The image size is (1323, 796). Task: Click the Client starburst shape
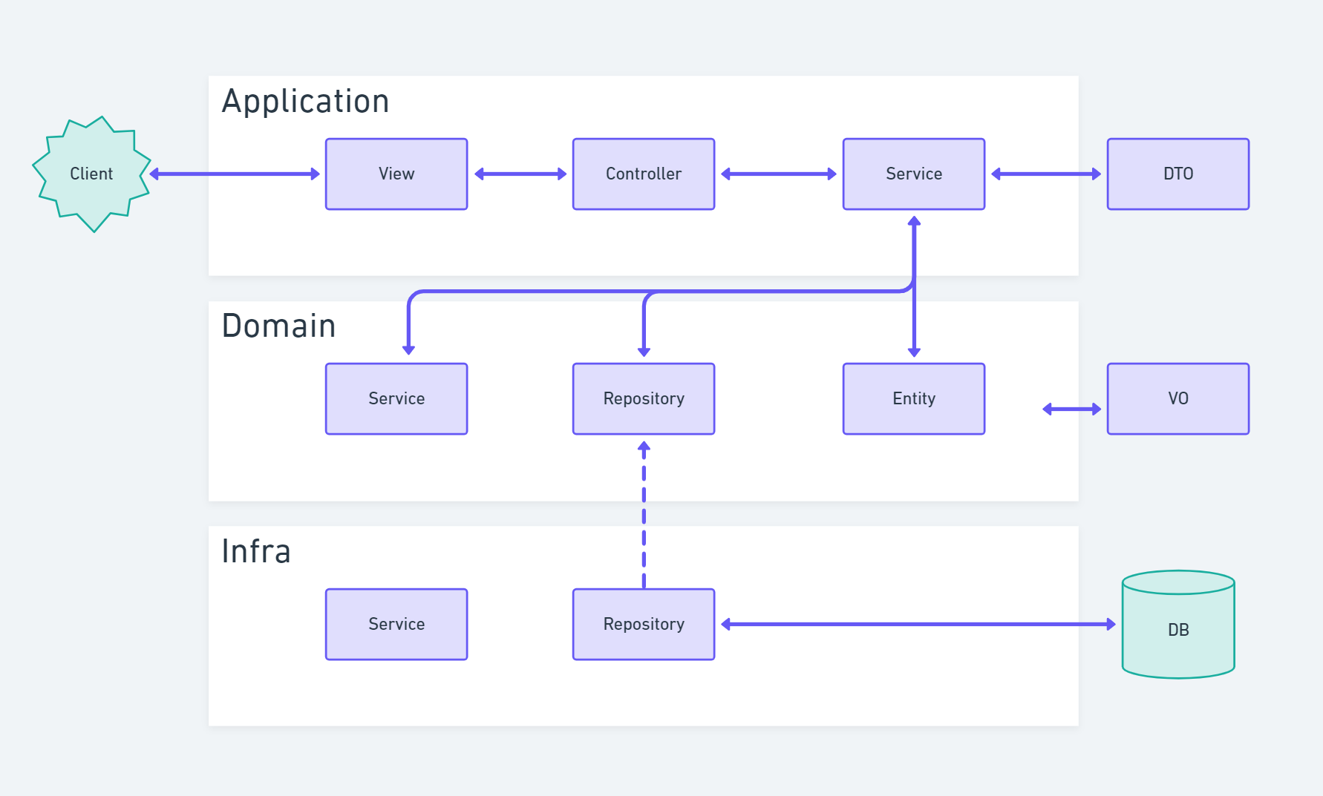(x=91, y=174)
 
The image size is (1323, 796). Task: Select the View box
(x=396, y=174)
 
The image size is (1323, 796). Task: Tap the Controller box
(x=643, y=174)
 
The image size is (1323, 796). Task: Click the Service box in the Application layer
(x=913, y=174)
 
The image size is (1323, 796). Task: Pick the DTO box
(x=1177, y=174)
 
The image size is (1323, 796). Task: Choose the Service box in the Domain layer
(x=396, y=398)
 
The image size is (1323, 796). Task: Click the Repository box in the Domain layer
(x=643, y=398)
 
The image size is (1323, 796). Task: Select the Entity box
(x=913, y=398)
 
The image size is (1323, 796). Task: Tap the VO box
(x=1177, y=398)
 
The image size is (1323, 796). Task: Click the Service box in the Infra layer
(x=396, y=624)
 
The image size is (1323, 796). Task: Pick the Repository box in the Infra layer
(x=643, y=624)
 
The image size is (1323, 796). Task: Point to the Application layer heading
(x=305, y=102)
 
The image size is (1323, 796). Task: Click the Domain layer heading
(x=278, y=326)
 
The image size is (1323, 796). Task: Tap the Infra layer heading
(x=255, y=551)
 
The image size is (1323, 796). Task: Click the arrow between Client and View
(x=235, y=174)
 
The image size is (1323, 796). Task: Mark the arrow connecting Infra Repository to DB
(x=918, y=625)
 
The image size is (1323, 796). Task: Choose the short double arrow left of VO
(x=1071, y=409)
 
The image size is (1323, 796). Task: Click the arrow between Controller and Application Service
(x=778, y=174)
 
